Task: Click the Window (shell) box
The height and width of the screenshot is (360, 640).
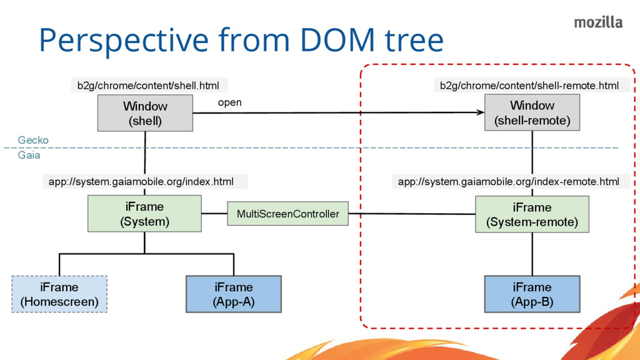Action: pos(145,113)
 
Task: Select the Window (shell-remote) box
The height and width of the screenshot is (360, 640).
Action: pos(532,112)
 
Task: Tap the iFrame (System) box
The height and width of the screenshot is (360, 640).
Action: pos(144,214)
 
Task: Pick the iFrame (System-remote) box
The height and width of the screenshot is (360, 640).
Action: pos(532,214)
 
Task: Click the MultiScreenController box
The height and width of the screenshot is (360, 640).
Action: pos(287,214)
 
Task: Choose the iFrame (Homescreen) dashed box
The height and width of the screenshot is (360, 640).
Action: pos(59,294)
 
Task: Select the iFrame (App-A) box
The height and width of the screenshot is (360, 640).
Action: pos(234,294)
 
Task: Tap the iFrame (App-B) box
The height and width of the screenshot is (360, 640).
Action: pos(532,294)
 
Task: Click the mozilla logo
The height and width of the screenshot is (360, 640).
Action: pos(598,22)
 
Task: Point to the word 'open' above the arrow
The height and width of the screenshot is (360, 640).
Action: pos(229,102)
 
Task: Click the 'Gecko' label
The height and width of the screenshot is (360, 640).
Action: pos(33,140)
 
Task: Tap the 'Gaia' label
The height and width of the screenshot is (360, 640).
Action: pos(29,155)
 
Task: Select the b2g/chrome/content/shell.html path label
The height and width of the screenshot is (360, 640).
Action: pos(148,86)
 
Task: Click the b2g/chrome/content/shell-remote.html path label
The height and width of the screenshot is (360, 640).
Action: pos(529,86)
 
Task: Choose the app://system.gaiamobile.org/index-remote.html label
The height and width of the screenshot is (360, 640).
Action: pos(509,182)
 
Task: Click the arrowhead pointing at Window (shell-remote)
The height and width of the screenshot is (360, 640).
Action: pos(480,112)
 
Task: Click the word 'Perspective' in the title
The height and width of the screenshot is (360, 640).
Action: pos(123,41)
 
